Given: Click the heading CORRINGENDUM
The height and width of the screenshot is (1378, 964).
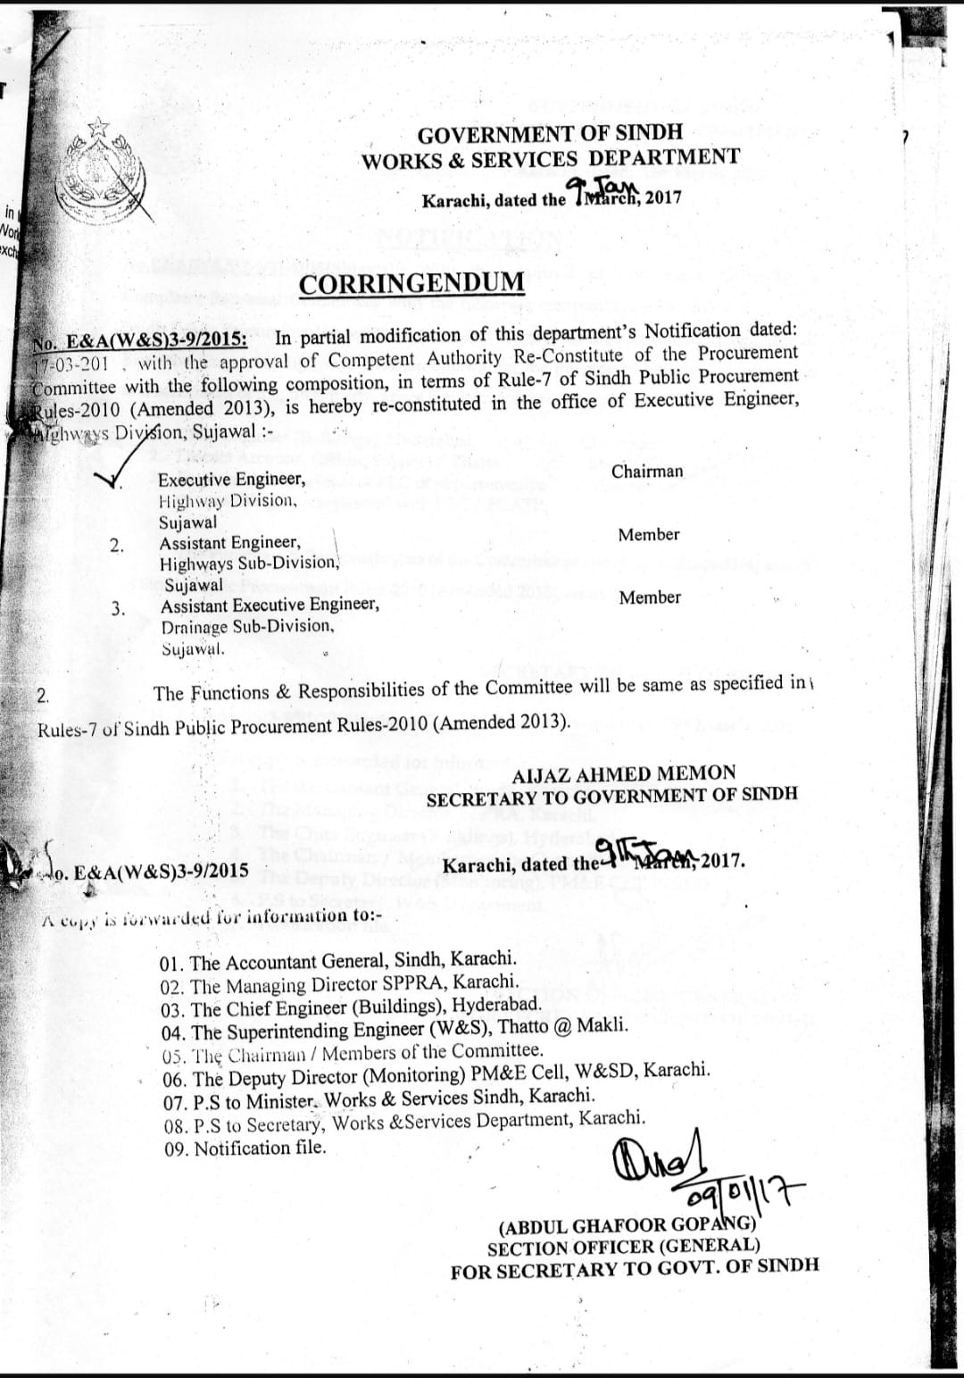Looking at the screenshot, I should [x=411, y=283].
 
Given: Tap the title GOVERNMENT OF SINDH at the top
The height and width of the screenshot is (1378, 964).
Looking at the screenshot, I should [x=550, y=134].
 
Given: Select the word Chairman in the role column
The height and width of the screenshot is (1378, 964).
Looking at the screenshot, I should [x=647, y=471].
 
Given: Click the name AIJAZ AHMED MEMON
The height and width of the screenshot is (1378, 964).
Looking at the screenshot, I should [x=624, y=773].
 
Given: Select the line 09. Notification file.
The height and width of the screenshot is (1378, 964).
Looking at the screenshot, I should [x=245, y=1148].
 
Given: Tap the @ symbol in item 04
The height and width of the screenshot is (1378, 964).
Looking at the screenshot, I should [x=562, y=1026].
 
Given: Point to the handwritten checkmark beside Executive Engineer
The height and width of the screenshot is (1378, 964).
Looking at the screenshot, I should [x=111, y=479].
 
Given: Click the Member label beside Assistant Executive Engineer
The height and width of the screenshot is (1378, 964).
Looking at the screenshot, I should [x=649, y=597].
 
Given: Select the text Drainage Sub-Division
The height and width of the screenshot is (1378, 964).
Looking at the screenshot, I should [x=247, y=626].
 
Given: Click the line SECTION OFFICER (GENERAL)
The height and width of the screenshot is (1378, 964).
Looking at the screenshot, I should [x=624, y=1246].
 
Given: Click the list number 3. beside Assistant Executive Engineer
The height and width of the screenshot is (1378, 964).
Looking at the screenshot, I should [x=118, y=608].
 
